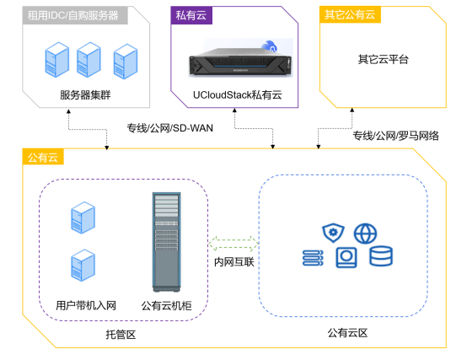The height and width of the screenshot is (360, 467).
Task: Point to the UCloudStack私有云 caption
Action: tap(236, 95)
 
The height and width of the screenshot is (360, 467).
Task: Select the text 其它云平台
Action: tap(383, 60)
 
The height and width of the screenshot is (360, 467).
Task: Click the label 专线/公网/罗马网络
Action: tap(395, 135)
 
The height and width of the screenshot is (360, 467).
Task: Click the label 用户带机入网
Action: tap(85, 305)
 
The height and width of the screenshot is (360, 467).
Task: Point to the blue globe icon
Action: tap(363, 232)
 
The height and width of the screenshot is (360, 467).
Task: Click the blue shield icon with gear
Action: tap(331, 232)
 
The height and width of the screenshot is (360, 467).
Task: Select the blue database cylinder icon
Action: tap(380, 256)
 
